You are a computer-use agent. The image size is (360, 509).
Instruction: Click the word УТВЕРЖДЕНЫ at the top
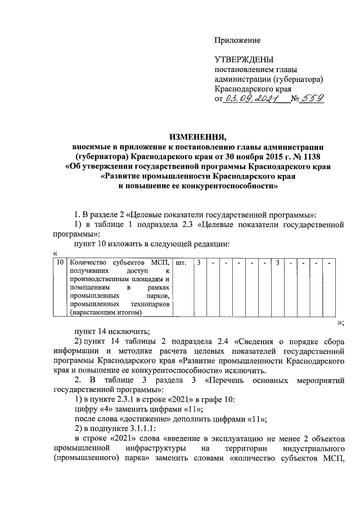click(x=244, y=60)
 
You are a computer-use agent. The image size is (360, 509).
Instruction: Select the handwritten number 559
click(x=312, y=98)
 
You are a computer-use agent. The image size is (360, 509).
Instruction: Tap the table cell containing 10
click(x=59, y=263)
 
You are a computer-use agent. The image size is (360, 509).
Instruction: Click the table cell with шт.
click(x=181, y=263)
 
